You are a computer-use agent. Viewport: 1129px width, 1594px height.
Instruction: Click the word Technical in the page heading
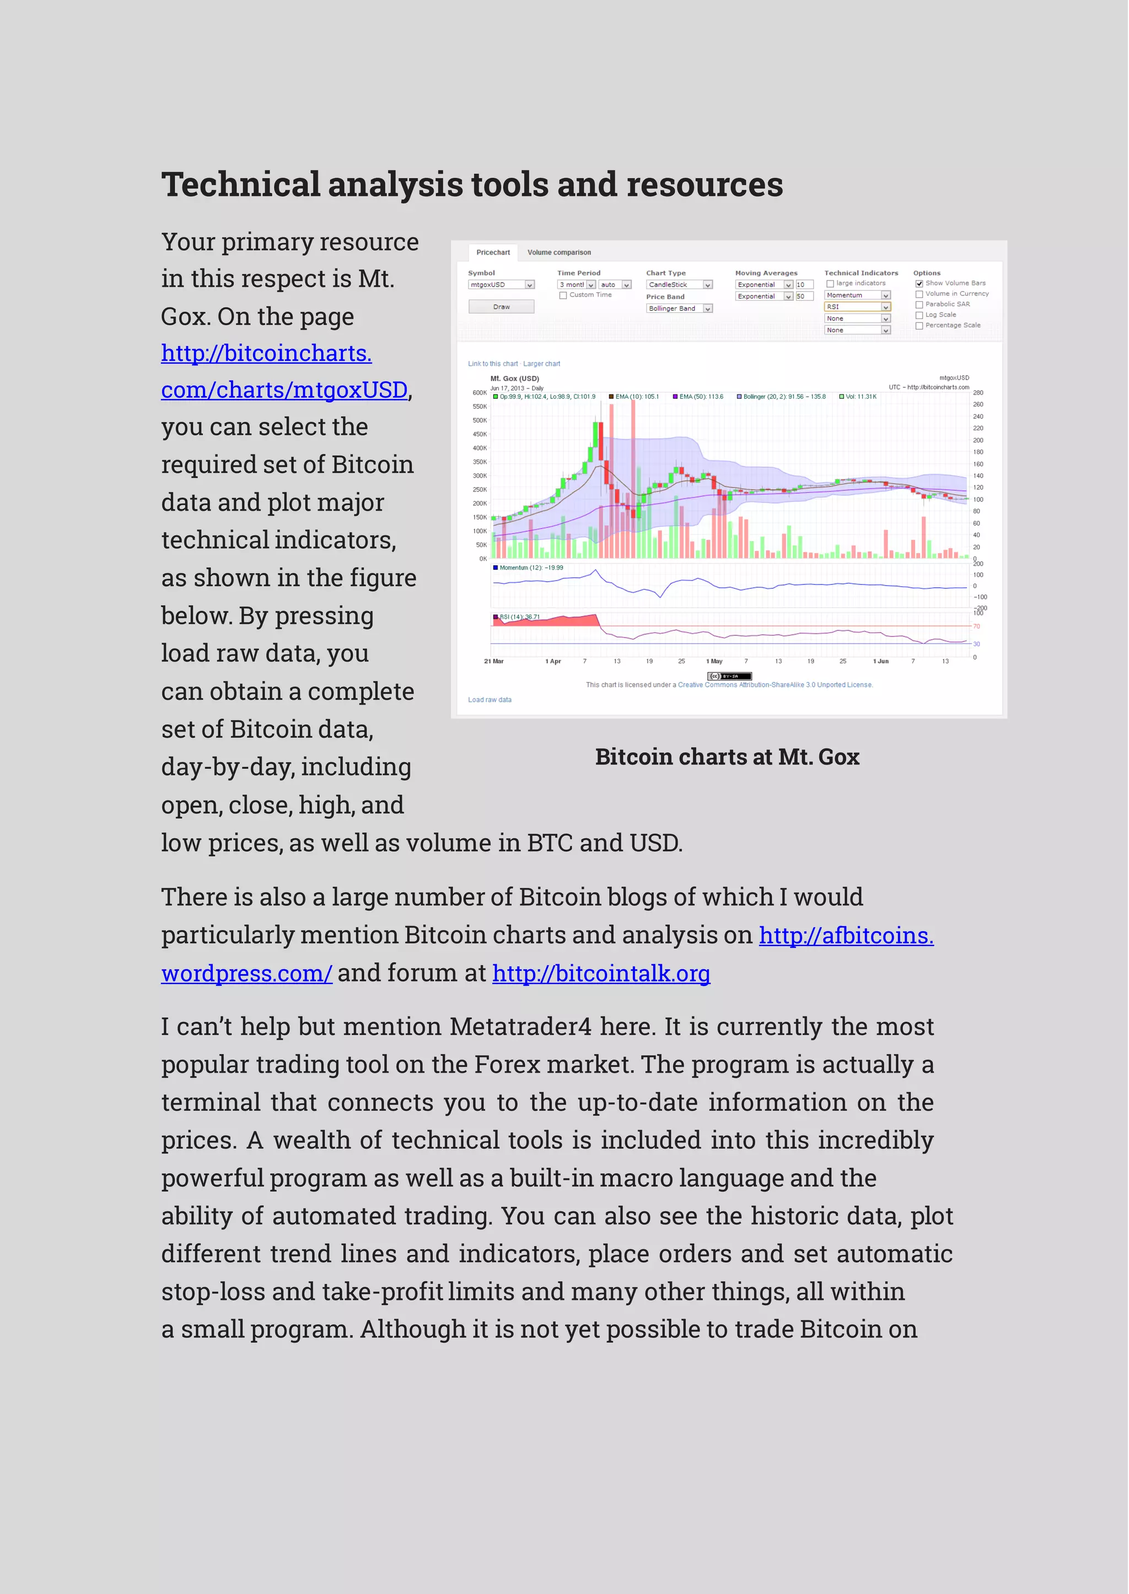click(240, 185)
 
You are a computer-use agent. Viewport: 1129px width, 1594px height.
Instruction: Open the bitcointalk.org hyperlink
click(601, 973)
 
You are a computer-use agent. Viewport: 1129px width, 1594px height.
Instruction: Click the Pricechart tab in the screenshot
click(493, 252)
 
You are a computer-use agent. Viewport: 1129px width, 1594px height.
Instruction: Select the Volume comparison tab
click(559, 252)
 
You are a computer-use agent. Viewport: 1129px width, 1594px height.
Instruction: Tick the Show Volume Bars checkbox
click(919, 284)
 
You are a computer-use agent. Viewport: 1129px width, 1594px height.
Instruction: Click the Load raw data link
click(490, 700)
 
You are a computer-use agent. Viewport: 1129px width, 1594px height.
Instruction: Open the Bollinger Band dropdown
click(679, 309)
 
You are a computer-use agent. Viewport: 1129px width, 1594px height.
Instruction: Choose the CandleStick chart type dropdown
click(679, 285)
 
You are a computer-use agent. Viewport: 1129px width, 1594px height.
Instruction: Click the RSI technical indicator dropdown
click(857, 306)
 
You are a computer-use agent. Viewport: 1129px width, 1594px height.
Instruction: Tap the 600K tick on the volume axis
click(480, 393)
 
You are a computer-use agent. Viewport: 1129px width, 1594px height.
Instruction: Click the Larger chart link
click(541, 364)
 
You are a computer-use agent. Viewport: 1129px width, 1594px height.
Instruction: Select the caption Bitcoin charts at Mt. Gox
click(727, 757)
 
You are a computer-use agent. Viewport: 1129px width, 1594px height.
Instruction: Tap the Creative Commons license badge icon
click(729, 676)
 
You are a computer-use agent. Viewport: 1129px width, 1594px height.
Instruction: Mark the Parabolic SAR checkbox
click(919, 304)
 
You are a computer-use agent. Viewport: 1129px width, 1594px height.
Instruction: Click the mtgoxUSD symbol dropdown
click(501, 285)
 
